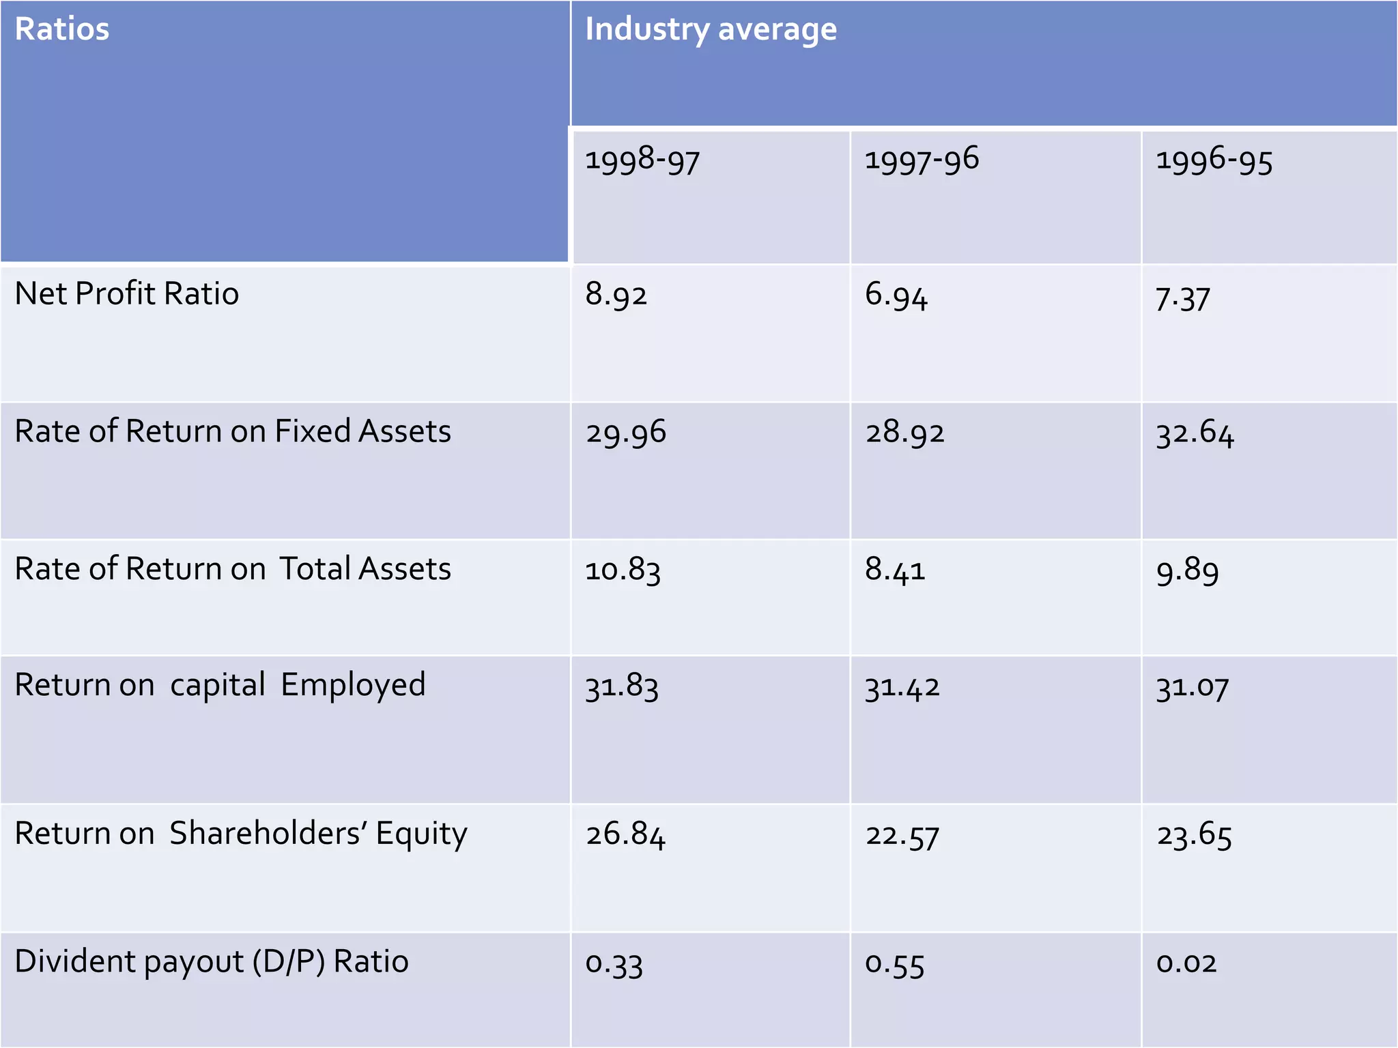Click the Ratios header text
[x=61, y=29]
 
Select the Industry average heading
[x=711, y=30]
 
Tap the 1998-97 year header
[x=642, y=160]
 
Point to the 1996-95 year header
[x=1214, y=161]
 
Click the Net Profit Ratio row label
[x=127, y=294]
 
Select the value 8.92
[x=616, y=295]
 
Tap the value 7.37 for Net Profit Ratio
[x=1182, y=299]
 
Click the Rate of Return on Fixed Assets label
[x=233, y=432]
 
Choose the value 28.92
[x=904, y=433]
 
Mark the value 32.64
[x=1195, y=433]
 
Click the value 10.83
[x=623, y=570]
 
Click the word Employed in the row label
[x=353, y=685]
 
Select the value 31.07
[x=1192, y=687]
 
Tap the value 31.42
[x=902, y=687]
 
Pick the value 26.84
[x=625, y=835]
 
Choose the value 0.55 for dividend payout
[x=894, y=964]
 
